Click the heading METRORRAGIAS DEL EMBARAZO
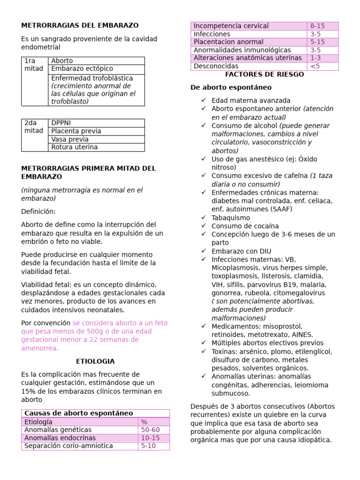coord(80,25)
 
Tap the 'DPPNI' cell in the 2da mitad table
coord(61,123)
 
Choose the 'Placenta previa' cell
coord(76,131)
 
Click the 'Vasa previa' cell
coord(70,139)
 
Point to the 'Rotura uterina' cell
coord(75,147)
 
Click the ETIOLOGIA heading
coord(95,361)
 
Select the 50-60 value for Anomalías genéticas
coord(150,430)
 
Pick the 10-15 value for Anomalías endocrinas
coord(150,438)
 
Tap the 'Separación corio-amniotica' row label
coord(68,446)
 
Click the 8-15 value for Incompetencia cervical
coord(317,26)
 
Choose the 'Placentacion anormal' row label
coord(229,42)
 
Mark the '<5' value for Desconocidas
coord(315,66)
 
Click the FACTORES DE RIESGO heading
coord(264,75)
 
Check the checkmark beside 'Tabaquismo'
coord(203,217)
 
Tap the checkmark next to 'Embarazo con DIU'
coord(203,251)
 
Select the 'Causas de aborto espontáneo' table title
coord(79,413)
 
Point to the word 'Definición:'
coord(38,212)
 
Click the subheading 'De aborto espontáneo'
coord(231,88)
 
